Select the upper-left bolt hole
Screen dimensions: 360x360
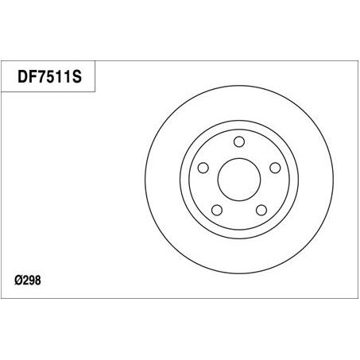pos(203,168)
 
